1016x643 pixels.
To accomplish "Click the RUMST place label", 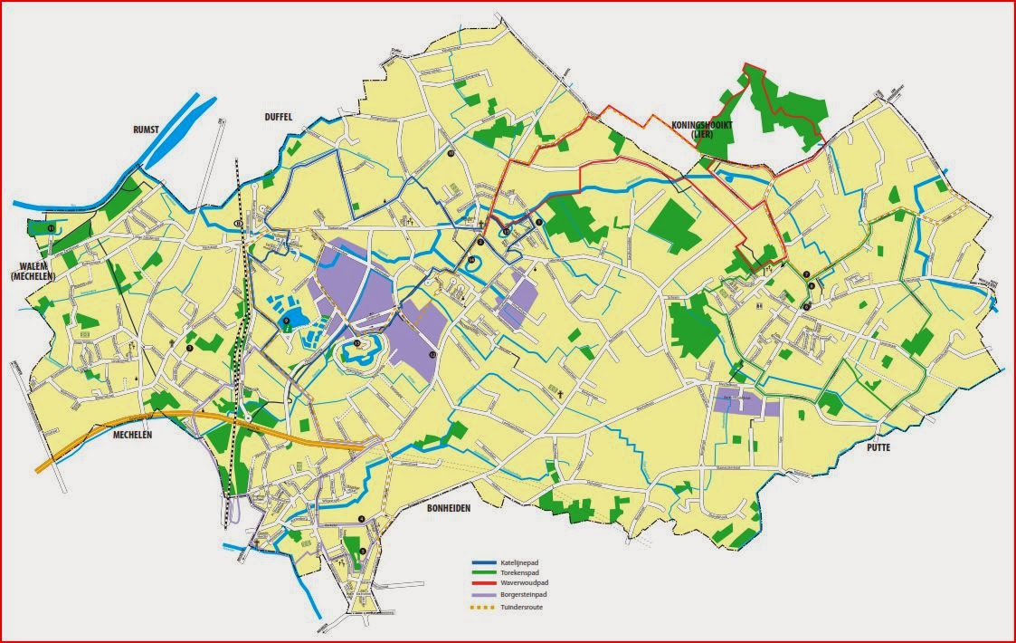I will pyautogui.click(x=144, y=130).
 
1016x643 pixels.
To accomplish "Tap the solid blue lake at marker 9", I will pyautogui.click(x=296, y=317).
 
